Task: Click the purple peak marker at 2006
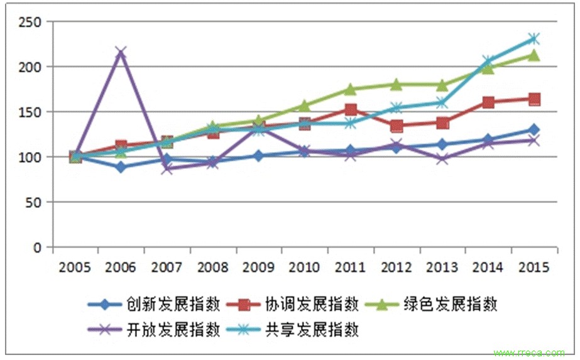click(x=121, y=52)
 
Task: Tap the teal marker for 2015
click(x=533, y=39)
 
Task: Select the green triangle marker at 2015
click(x=533, y=55)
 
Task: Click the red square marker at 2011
click(x=351, y=111)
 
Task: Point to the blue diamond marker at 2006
click(x=121, y=167)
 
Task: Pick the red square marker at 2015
click(x=533, y=99)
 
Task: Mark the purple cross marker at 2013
click(x=442, y=158)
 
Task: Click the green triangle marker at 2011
click(x=351, y=89)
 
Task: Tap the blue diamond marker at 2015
click(x=533, y=130)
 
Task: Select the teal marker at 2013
click(x=442, y=102)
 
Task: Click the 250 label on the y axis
click(x=30, y=22)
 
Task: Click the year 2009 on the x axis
click(x=258, y=268)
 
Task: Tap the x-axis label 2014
click(x=488, y=268)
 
